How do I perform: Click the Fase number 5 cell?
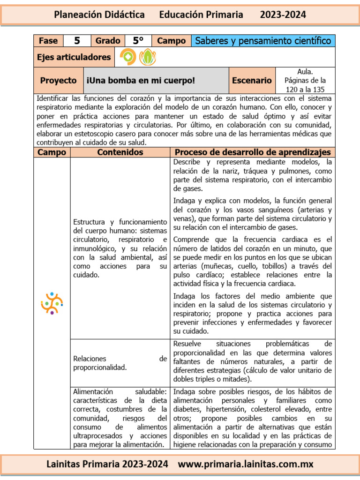coord(77,41)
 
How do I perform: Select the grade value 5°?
coord(138,41)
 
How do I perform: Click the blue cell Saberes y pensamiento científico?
coord(263,41)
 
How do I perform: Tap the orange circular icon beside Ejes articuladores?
coord(127,57)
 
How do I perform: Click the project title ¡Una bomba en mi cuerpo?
coord(141,81)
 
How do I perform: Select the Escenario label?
coord(252,81)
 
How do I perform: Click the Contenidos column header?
coord(120,152)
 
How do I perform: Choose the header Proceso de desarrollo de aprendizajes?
coord(253,152)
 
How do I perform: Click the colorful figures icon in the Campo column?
coord(52,303)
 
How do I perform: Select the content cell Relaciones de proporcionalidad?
coord(120,363)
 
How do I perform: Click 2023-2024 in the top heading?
coord(283,15)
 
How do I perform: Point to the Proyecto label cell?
coord(58,81)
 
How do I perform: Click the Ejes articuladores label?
coord(74,57)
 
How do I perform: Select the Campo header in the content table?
coord(52,152)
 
